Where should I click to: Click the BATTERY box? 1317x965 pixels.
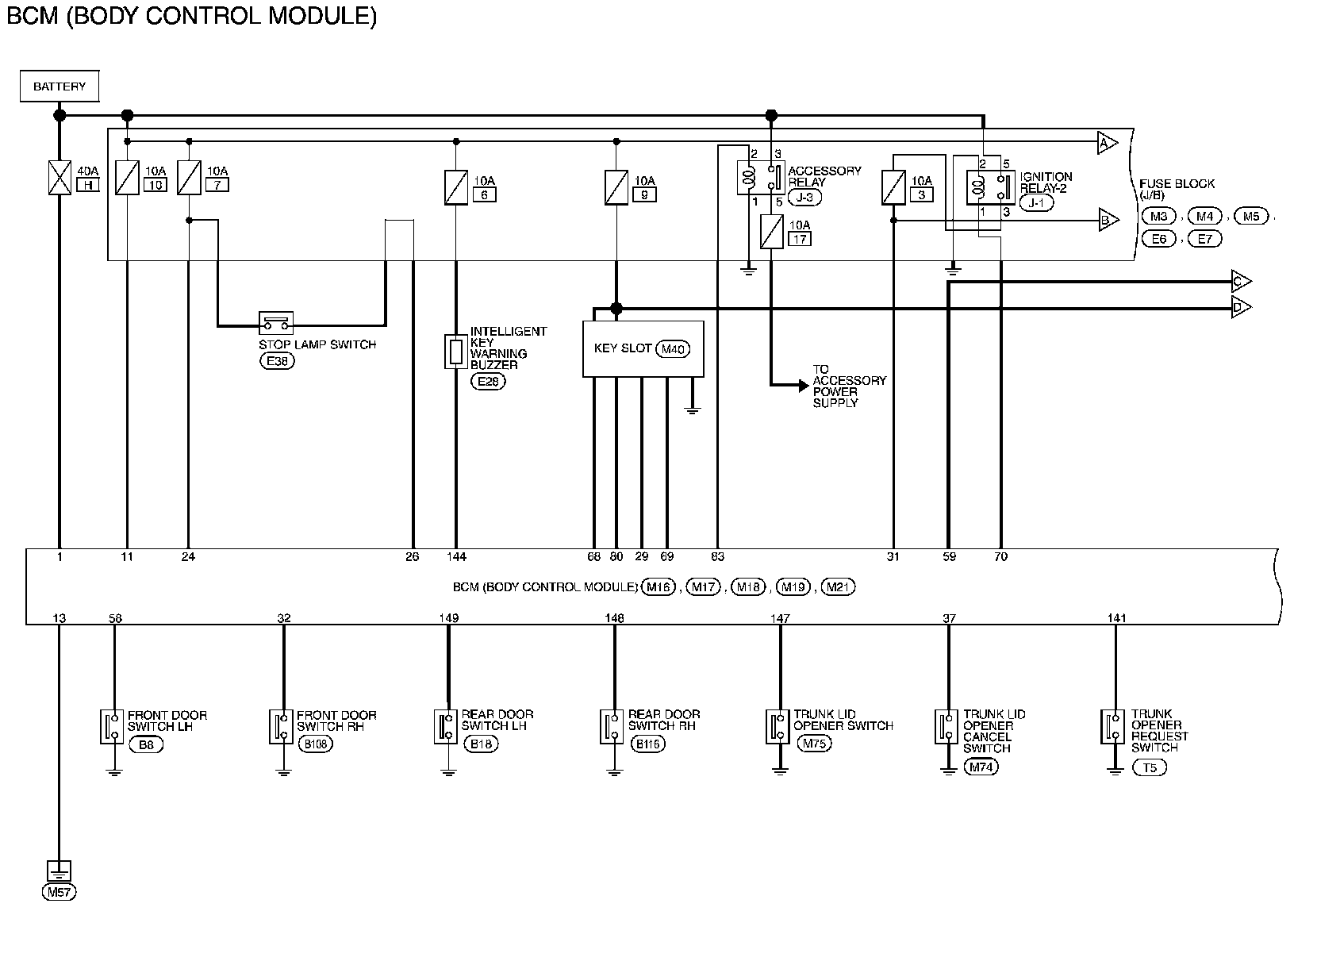(60, 87)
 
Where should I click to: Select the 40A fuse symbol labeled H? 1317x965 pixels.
(60, 178)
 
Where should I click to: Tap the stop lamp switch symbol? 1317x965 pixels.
(276, 322)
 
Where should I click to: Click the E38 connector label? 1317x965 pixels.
(276, 361)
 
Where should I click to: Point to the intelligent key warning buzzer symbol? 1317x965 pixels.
(455, 351)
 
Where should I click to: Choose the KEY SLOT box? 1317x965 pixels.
(643, 348)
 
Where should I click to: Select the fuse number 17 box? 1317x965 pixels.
(800, 238)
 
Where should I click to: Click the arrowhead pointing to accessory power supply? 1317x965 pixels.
(802, 386)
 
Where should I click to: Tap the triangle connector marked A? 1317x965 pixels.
(1107, 142)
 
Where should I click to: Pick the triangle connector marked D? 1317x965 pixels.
(1241, 307)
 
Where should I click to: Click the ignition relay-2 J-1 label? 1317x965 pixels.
(1037, 203)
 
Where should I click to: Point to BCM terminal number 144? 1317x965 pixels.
(456, 557)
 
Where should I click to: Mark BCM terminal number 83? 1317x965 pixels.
(717, 557)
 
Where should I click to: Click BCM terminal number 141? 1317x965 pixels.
(1116, 618)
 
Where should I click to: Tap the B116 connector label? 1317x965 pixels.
(647, 744)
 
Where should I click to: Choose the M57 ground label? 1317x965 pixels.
(60, 892)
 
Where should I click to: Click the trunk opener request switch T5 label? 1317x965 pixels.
(1150, 767)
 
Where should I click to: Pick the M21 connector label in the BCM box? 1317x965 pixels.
(839, 587)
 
